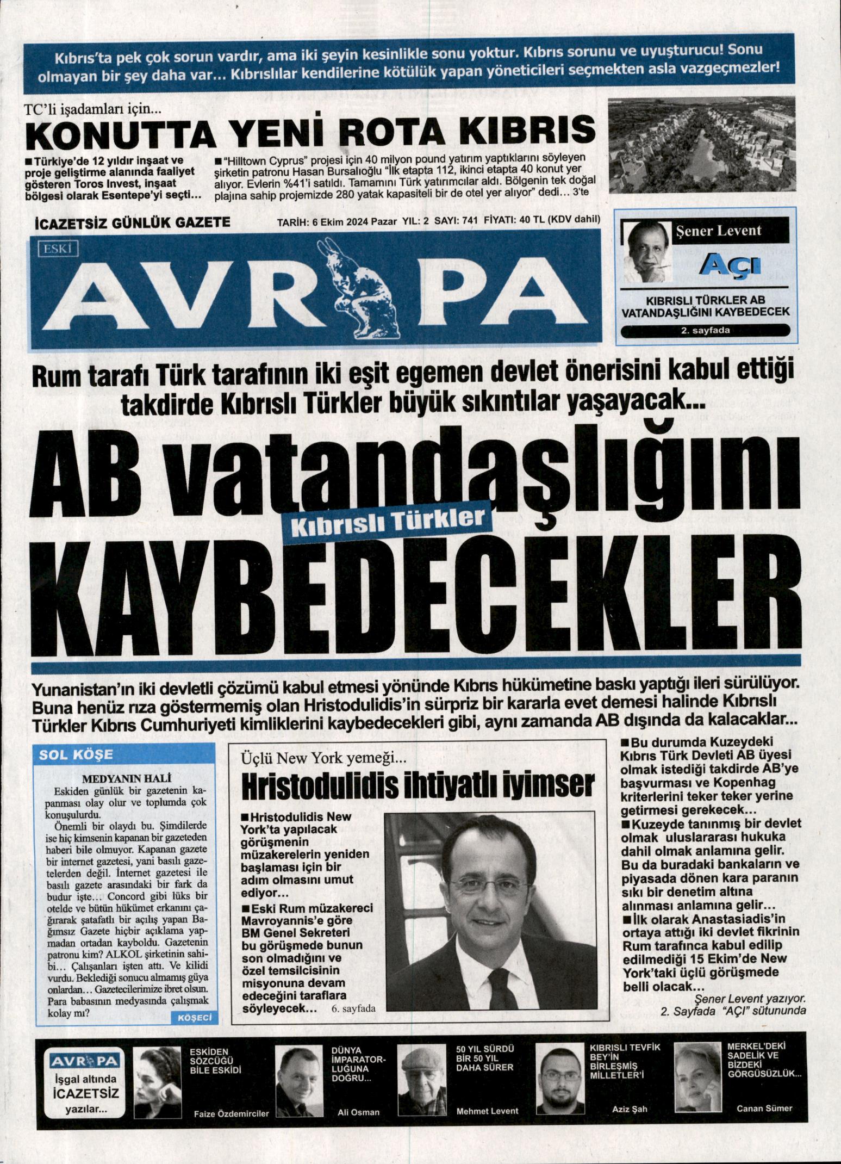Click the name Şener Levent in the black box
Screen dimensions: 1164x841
[718, 231]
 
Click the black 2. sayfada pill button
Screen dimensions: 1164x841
[705, 330]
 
